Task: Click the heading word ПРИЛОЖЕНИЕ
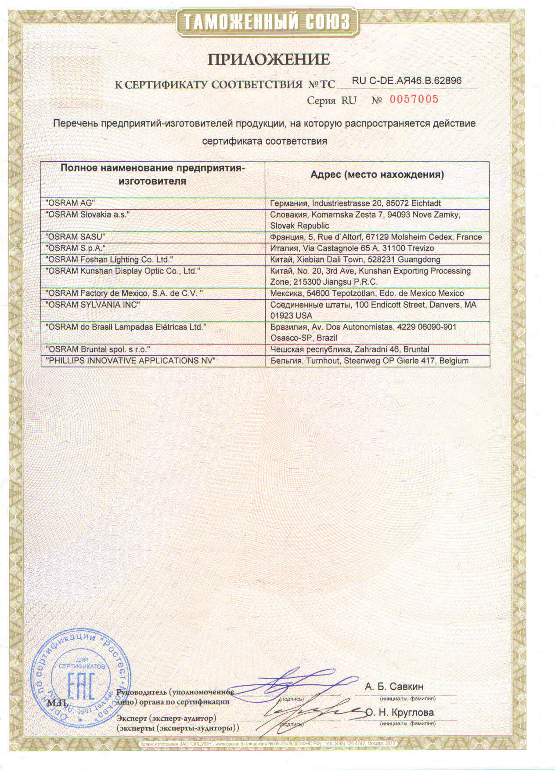point(268,60)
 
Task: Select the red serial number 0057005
point(414,99)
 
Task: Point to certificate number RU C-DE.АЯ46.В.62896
point(407,81)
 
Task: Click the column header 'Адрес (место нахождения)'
point(377,175)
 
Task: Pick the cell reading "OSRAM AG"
point(70,203)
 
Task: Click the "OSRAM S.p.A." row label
point(76,248)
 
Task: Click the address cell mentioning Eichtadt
point(355,203)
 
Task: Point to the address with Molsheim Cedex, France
point(376,237)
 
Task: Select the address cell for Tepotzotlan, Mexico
point(367,293)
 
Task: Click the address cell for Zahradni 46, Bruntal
point(350,349)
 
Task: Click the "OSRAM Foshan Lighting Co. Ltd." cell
point(109,260)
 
